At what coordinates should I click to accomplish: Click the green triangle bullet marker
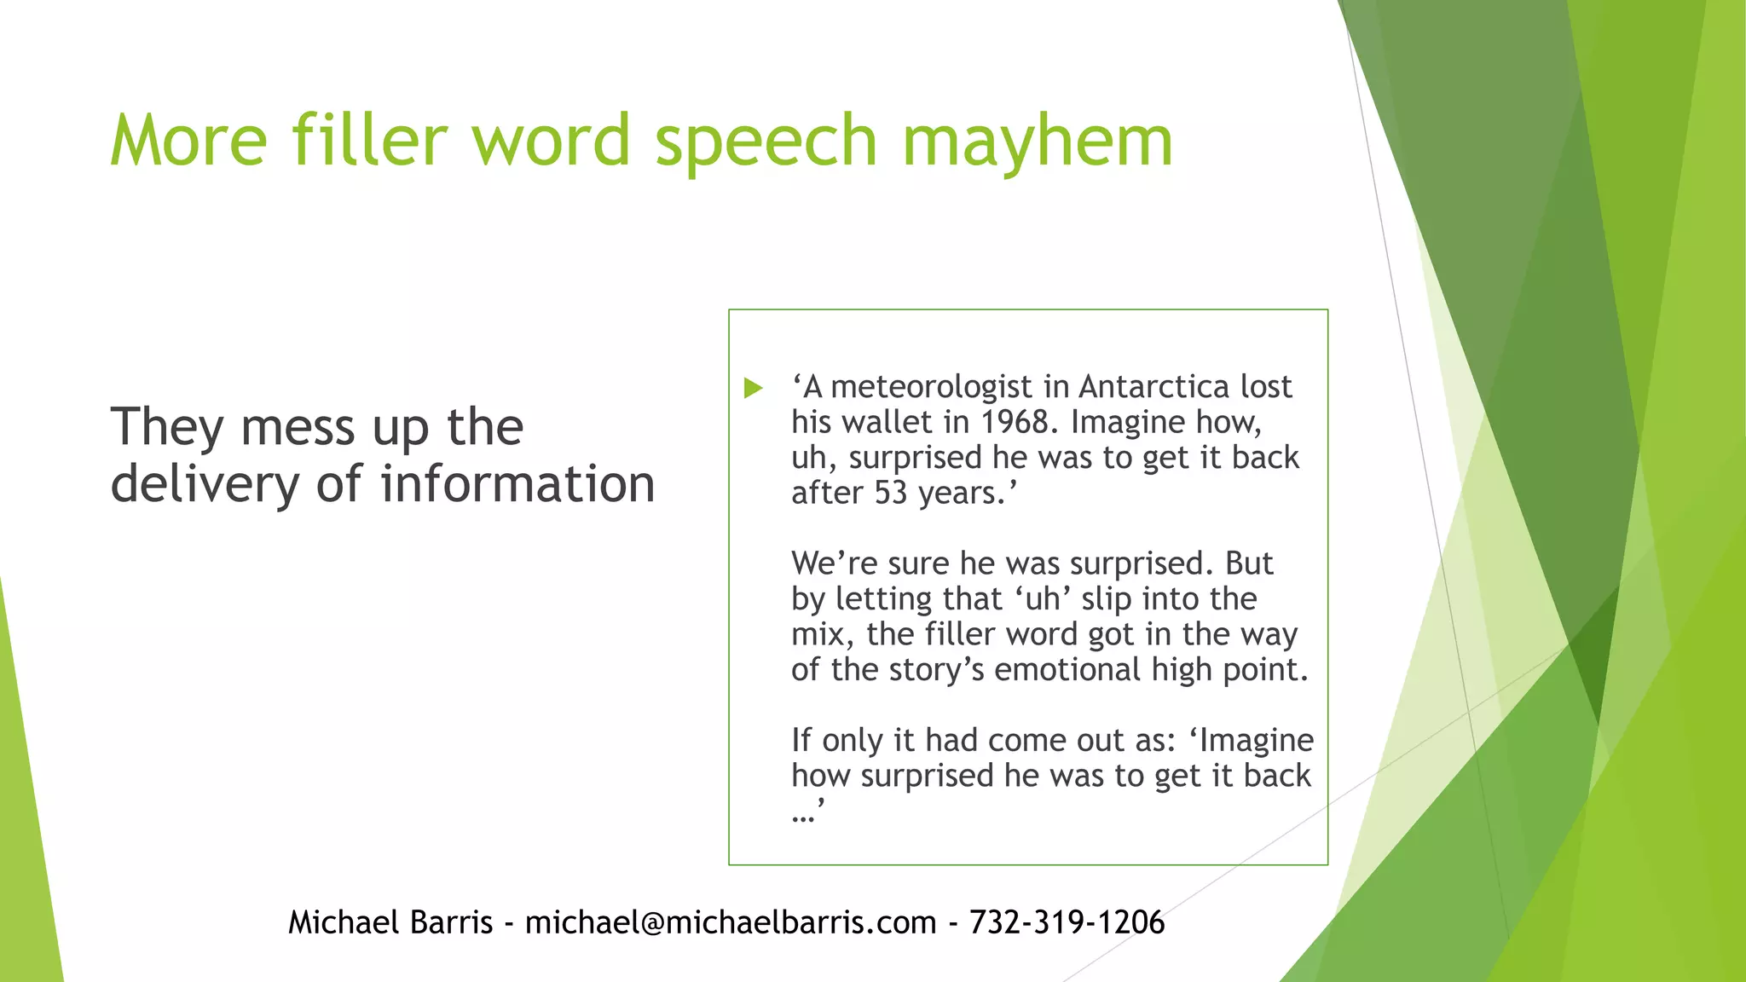pos(753,389)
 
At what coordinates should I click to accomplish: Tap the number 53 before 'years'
pos(891,493)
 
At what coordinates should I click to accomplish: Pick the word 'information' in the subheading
pos(517,483)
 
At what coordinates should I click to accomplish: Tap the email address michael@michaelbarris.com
pos(731,922)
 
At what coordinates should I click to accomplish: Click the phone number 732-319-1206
pos(1067,922)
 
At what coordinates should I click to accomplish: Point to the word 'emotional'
pos(1067,669)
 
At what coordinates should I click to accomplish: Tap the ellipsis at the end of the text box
pos(803,816)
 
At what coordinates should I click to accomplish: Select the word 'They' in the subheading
pos(167,426)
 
